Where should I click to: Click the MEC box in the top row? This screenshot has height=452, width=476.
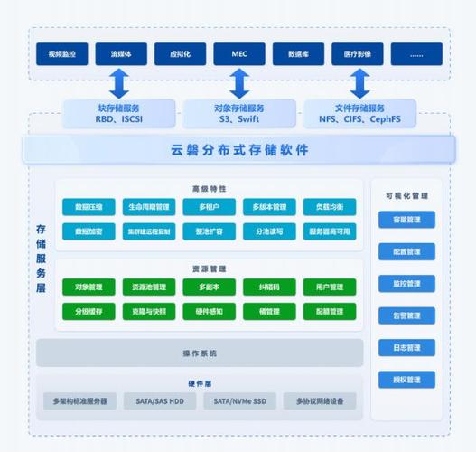[239, 54]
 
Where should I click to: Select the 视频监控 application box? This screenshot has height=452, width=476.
[62, 54]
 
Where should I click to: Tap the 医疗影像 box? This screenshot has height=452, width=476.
[358, 54]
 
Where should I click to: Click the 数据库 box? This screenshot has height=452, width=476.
[299, 54]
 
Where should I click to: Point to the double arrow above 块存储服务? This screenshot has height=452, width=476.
[119, 83]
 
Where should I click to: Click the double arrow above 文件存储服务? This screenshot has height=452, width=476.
[359, 83]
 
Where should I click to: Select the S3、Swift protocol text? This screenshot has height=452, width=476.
[239, 119]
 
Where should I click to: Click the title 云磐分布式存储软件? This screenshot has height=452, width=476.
[239, 149]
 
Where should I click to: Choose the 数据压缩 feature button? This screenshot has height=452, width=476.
[89, 207]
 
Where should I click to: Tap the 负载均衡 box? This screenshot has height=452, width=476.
[330, 207]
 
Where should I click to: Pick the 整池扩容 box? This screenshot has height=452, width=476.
[209, 231]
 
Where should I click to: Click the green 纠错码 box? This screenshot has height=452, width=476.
[269, 287]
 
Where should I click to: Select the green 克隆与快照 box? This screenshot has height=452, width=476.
[148, 311]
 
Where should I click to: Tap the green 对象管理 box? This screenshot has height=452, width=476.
[89, 287]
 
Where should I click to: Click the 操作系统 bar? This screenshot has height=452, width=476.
[200, 353]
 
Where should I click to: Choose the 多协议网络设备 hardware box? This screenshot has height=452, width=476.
[320, 400]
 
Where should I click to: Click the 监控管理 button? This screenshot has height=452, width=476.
[406, 284]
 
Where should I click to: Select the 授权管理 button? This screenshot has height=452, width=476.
[406, 380]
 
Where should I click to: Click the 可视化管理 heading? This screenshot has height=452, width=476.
[406, 194]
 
